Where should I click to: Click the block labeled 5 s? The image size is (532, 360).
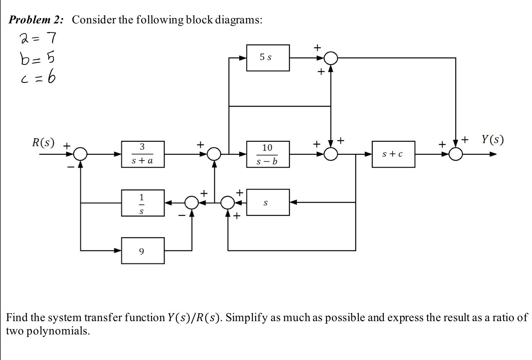[x=268, y=58]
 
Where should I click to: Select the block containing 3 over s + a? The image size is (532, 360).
[x=143, y=154]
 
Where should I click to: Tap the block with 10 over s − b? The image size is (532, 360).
[x=268, y=154]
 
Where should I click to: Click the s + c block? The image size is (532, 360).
[x=393, y=154]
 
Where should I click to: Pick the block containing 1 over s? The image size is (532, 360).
[x=143, y=203]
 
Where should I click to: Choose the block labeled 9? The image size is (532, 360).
[x=143, y=251]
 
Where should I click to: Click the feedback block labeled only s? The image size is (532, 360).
[x=268, y=203]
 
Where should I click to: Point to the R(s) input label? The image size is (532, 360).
[x=43, y=143]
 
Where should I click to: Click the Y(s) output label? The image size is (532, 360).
[x=492, y=139]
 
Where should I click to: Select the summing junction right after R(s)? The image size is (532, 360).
[x=80, y=154]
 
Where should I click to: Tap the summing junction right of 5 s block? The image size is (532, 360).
[x=331, y=58]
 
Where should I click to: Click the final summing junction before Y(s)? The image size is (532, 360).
[x=456, y=154]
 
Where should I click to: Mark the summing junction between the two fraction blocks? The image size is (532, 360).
[x=215, y=154]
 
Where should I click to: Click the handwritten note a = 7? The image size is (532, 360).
[x=38, y=38]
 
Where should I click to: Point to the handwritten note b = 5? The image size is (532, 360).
[x=37, y=58]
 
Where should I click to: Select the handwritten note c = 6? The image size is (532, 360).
[x=38, y=77]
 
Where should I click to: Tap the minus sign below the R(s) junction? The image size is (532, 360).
[x=71, y=167]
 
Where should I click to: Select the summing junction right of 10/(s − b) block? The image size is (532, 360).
[x=331, y=154]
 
